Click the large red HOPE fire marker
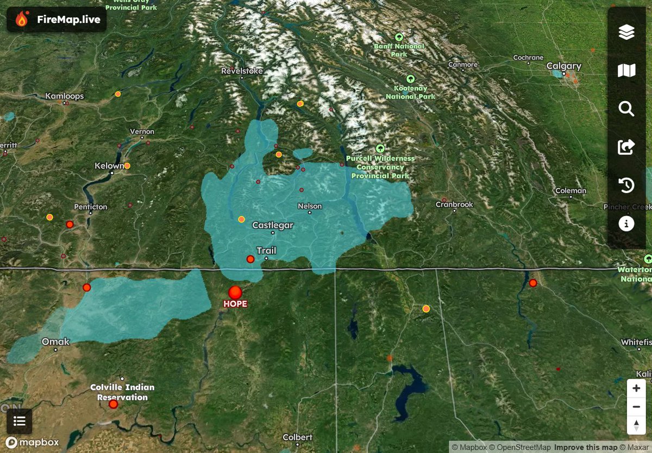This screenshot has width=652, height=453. (235, 293)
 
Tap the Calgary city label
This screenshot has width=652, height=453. (563, 66)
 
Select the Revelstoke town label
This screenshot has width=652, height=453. (242, 71)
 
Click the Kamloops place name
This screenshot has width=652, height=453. (64, 96)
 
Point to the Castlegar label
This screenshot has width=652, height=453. (273, 225)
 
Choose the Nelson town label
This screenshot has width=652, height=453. (310, 207)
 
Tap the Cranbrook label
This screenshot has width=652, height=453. (454, 205)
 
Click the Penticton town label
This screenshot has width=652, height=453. (90, 207)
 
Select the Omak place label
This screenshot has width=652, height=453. (56, 342)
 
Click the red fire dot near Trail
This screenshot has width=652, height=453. (250, 259)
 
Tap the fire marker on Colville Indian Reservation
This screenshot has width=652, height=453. (113, 404)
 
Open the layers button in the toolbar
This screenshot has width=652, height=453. (626, 33)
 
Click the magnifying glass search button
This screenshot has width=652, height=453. (626, 109)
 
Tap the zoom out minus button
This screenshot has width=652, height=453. (636, 407)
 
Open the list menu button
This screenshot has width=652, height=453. (20, 421)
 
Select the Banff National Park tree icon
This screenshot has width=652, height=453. (399, 37)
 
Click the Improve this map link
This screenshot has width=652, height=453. (586, 448)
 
